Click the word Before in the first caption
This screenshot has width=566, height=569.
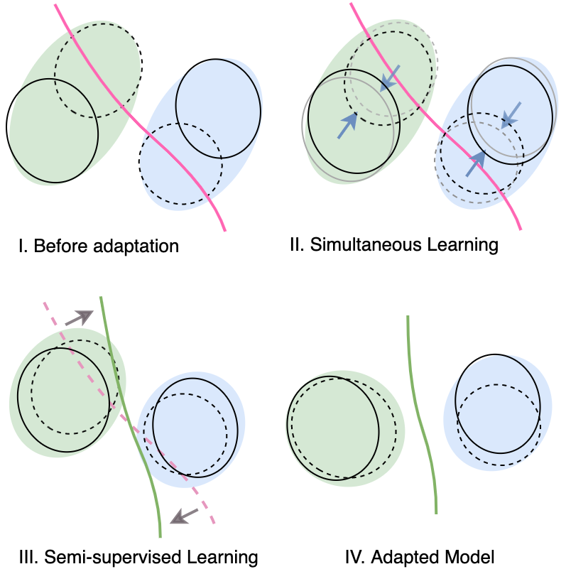coord(59,247)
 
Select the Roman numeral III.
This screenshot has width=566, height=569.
coord(29,556)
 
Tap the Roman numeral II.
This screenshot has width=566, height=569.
coord(297,246)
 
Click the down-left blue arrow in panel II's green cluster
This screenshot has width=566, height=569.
coord(390,77)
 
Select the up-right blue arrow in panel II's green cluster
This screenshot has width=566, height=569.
coord(347,125)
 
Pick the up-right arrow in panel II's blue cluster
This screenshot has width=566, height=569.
coord(476,165)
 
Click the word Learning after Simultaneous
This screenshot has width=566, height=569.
coord(462,246)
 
